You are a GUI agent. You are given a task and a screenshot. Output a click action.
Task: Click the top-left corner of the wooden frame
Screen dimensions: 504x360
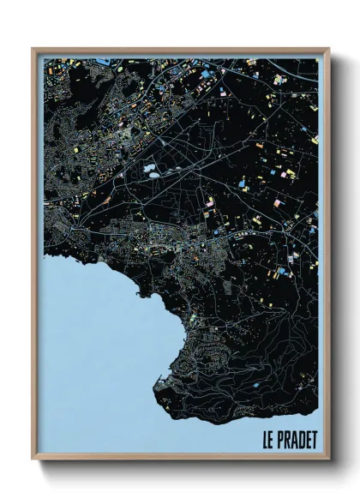[33, 49]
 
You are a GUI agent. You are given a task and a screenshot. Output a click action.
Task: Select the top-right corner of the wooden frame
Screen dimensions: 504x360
[328, 49]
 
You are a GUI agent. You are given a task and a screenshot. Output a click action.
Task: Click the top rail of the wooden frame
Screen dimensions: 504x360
[180, 50]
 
